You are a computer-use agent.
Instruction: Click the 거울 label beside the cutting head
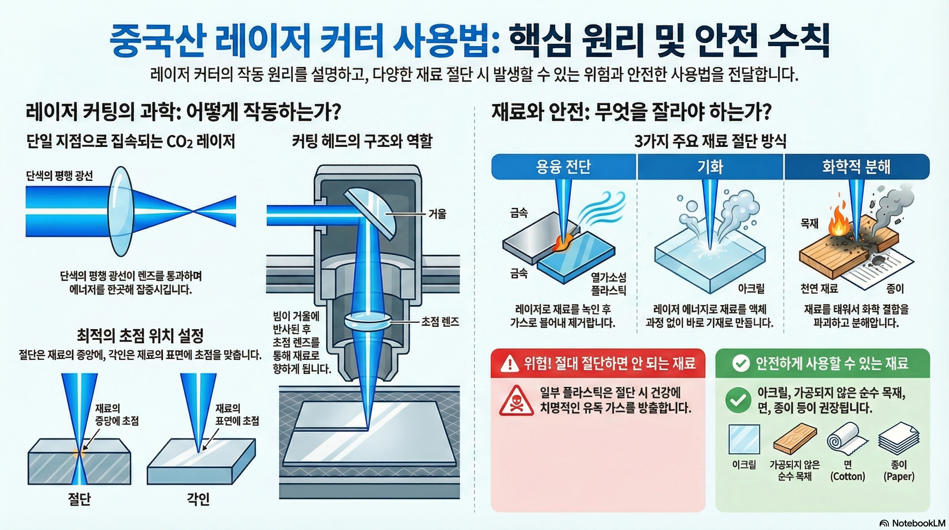click(437, 214)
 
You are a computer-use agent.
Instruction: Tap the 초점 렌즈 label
click(440, 322)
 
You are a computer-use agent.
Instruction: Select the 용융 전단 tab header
click(563, 167)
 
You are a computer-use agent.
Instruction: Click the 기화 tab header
click(710, 167)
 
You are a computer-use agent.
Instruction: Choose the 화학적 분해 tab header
click(856, 167)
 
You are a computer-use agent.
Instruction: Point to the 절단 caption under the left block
click(79, 499)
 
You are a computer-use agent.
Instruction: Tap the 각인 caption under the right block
click(198, 499)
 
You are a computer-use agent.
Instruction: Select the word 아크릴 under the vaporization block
click(751, 288)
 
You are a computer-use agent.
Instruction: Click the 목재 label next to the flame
click(809, 223)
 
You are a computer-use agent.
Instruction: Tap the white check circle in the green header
click(741, 363)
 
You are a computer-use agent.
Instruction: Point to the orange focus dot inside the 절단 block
click(80, 453)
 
